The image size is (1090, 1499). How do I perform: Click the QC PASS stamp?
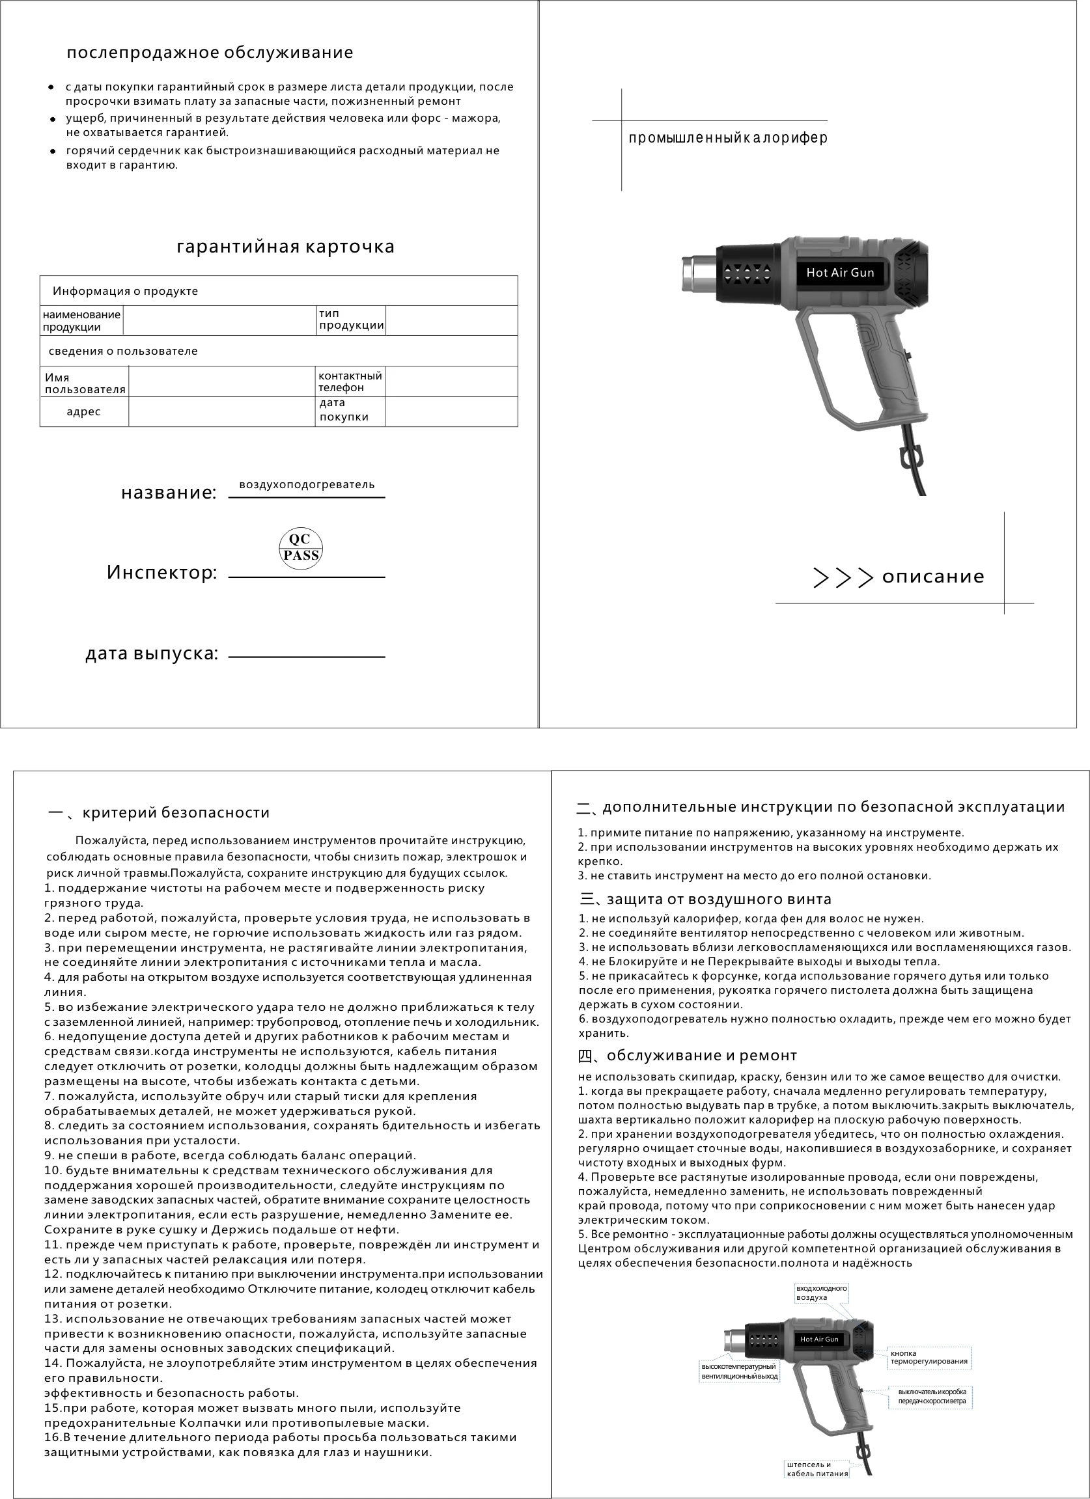pyautogui.click(x=301, y=548)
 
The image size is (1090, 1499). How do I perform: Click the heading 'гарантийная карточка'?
pyautogui.click(x=286, y=247)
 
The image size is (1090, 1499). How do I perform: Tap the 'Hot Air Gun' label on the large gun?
pyautogui.click(x=839, y=272)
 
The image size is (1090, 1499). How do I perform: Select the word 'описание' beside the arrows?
pyautogui.click(x=932, y=576)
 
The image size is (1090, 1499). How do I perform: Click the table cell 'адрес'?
pyautogui.click(x=84, y=412)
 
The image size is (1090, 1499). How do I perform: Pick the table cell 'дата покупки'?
pyautogui.click(x=344, y=410)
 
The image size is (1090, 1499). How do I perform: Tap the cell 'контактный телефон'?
pyautogui.click(x=350, y=381)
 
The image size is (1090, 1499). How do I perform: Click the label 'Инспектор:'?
pyautogui.click(x=162, y=572)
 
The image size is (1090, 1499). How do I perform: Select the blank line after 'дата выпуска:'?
pyautogui.click(x=307, y=656)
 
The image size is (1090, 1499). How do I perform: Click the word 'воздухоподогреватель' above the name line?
pyautogui.click(x=307, y=484)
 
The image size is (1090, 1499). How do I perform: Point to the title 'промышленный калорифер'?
pyautogui.click(x=728, y=137)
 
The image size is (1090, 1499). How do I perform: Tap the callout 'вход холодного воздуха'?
pyautogui.click(x=821, y=1293)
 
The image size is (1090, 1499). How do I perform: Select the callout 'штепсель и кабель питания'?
pyautogui.click(x=817, y=1469)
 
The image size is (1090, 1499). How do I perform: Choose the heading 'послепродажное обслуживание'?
pyautogui.click(x=210, y=53)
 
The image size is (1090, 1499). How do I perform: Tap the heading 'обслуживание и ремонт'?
pyautogui.click(x=701, y=1056)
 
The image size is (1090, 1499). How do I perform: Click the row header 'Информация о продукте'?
pyautogui.click(x=126, y=292)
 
